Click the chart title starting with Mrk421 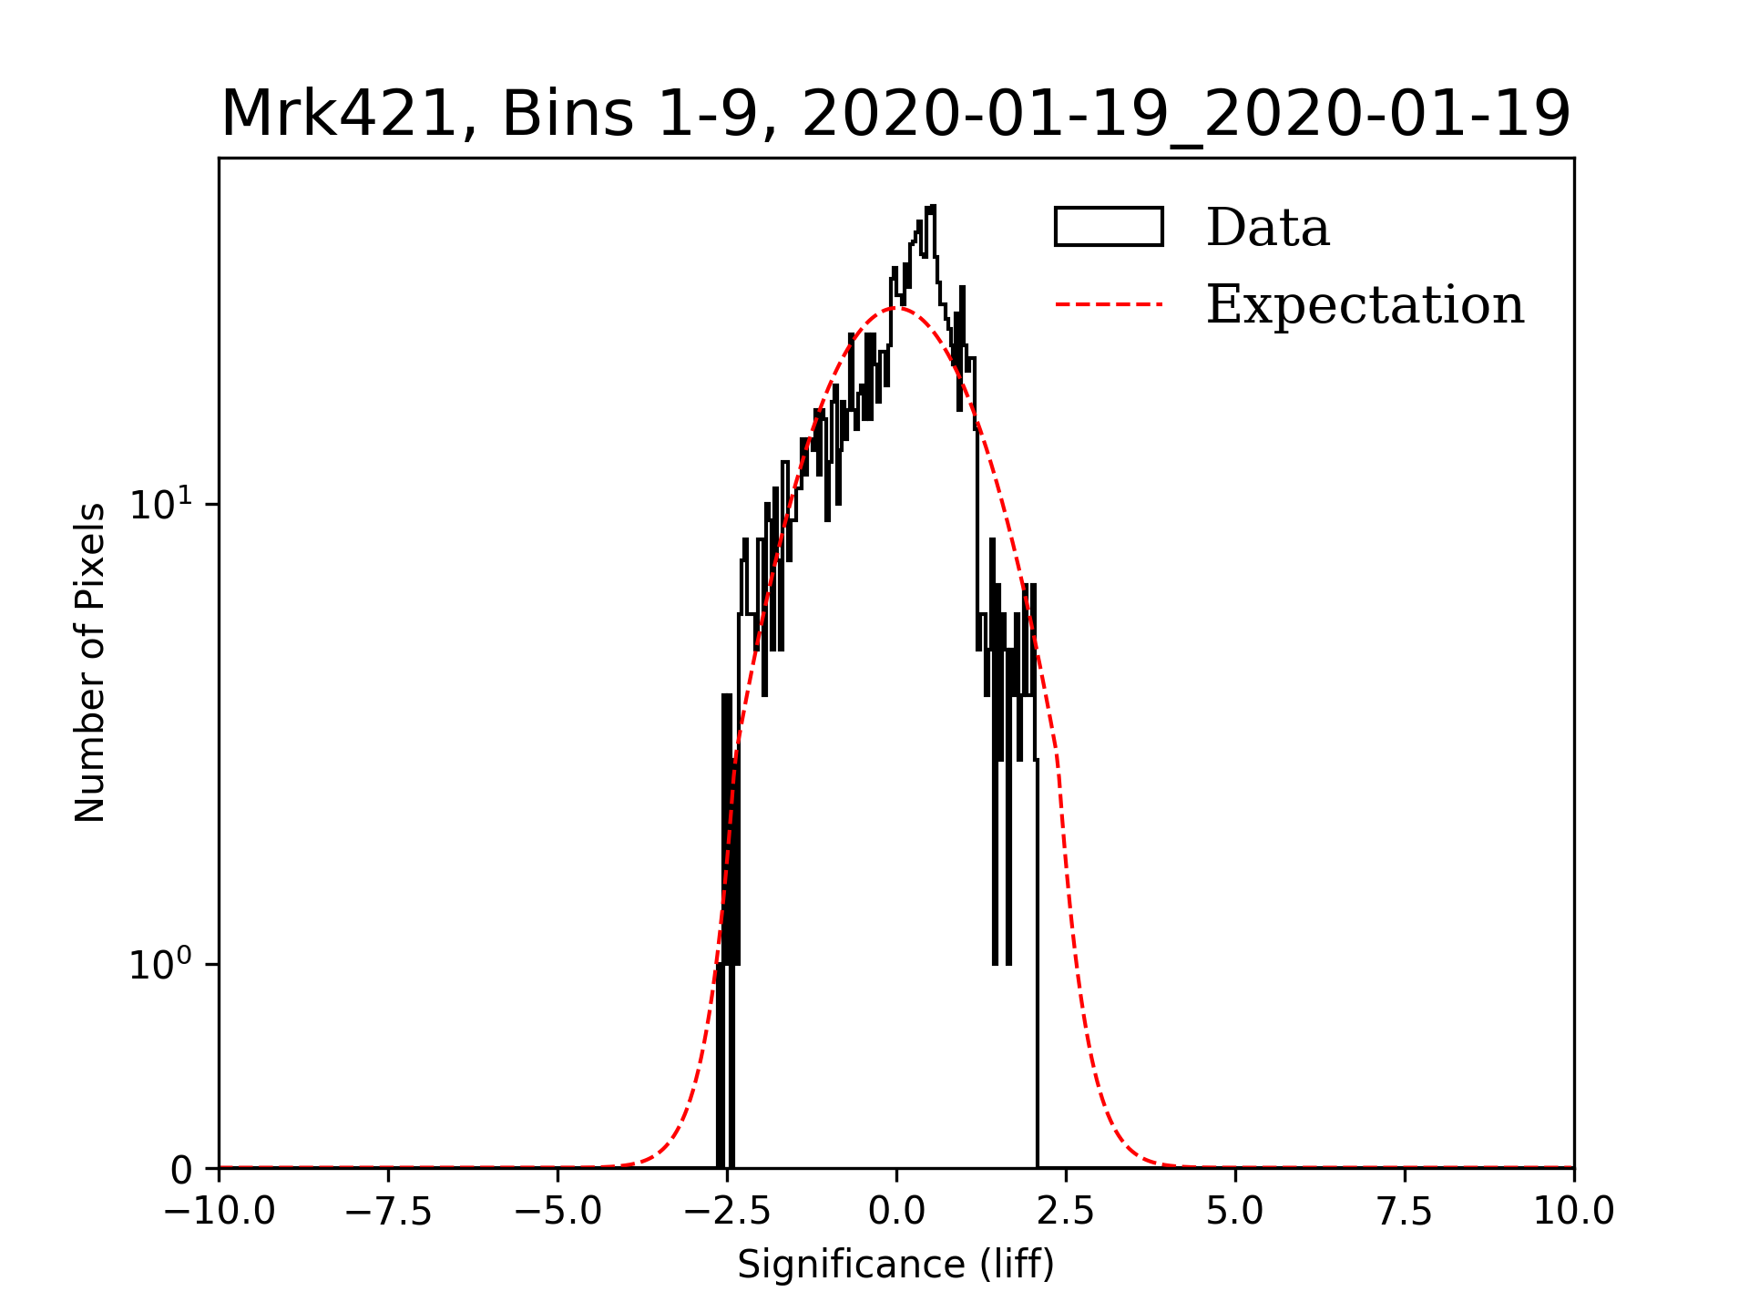895,115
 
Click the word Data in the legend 1267,228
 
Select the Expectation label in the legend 1365,304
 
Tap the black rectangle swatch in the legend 1109,227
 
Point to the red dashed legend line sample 1109,304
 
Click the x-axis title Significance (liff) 895,1265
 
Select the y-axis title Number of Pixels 90,662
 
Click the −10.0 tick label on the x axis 219,1212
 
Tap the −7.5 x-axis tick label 389,1212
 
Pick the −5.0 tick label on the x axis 557,1212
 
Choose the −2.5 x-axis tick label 727,1212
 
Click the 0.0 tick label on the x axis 896,1212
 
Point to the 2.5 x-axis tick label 1066,1212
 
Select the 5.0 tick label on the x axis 1235,1212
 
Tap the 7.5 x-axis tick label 1405,1212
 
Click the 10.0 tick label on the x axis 1573,1212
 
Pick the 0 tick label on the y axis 181,1170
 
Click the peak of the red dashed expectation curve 896,307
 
